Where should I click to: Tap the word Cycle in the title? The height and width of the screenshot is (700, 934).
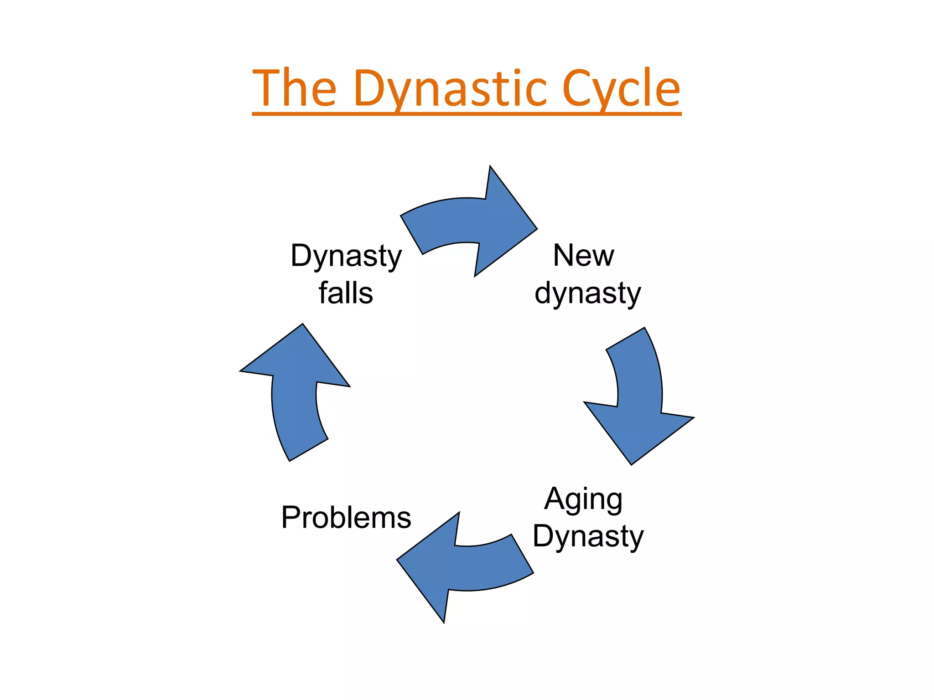(621, 89)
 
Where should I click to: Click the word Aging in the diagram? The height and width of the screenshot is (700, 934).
(583, 500)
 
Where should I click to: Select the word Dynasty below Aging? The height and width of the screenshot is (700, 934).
(588, 537)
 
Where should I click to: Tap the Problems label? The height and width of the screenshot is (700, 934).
(346, 518)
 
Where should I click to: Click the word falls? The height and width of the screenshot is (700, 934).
(346, 293)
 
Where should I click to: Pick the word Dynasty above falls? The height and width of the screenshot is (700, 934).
(346, 256)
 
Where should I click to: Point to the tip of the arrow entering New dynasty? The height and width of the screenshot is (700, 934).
(536, 229)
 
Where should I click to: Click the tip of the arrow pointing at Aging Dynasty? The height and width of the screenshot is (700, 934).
(632, 464)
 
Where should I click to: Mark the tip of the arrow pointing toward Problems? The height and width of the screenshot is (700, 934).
(398, 560)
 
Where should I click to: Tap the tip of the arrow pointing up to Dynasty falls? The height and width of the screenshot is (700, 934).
(302, 324)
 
